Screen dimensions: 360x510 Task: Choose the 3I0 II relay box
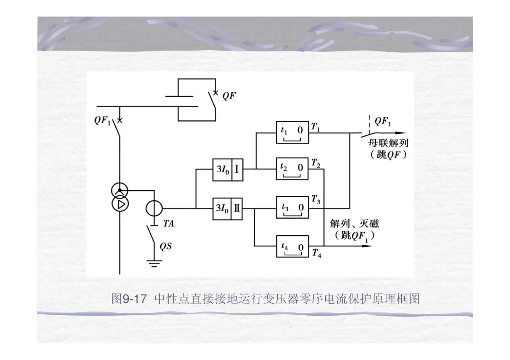[228, 208]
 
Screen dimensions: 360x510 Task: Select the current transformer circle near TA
[154, 208]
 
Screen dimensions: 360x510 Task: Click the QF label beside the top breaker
[229, 96]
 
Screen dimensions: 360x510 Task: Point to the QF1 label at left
[102, 120]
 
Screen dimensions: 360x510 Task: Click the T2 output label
[316, 163]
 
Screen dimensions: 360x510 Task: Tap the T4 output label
[316, 254]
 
